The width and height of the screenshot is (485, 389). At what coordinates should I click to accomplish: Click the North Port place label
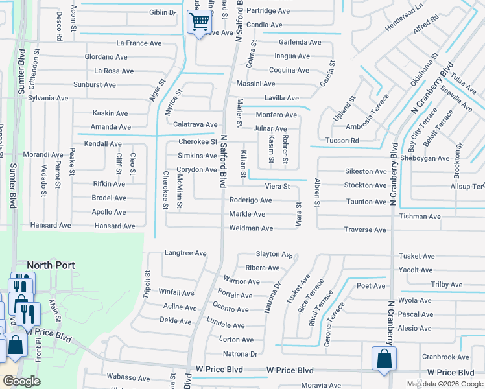coord(51,266)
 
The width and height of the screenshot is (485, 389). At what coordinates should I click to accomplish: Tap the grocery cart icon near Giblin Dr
coord(198,23)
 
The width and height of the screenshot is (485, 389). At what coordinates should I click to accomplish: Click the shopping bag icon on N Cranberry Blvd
coord(384,359)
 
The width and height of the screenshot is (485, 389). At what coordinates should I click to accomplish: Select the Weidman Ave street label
coord(251,228)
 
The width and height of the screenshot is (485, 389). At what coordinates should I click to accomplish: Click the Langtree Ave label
coord(185,253)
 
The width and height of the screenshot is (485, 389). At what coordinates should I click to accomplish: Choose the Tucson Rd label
coord(342,141)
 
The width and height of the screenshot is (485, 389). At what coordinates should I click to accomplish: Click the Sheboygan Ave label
coord(425,158)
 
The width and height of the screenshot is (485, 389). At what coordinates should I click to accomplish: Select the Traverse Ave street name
coord(365,230)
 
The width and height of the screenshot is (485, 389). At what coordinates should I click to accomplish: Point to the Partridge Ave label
coord(268,11)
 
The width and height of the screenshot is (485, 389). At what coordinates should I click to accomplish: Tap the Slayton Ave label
coord(274,254)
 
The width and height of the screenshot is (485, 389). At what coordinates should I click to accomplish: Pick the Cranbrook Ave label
coord(445,357)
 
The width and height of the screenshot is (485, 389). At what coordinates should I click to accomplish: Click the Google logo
coord(21,382)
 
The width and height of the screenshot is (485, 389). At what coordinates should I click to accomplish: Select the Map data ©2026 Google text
coord(444,384)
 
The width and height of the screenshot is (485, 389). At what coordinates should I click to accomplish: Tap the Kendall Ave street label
coord(102,143)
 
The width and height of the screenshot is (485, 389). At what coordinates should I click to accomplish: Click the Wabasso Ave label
coord(128,377)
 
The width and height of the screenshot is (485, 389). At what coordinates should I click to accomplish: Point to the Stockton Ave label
coord(365,185)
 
